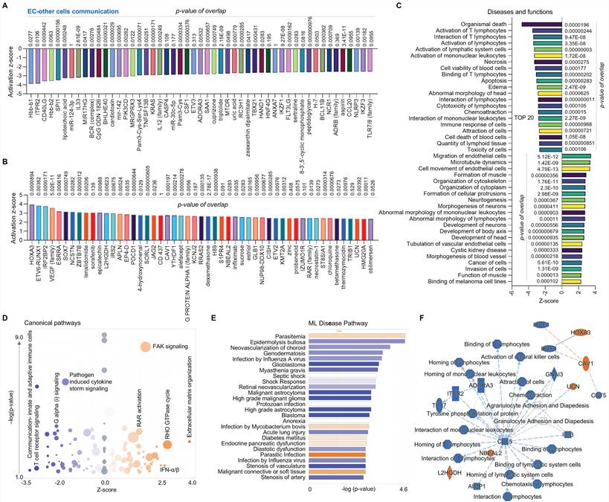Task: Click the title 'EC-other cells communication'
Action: coord(63,10)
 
